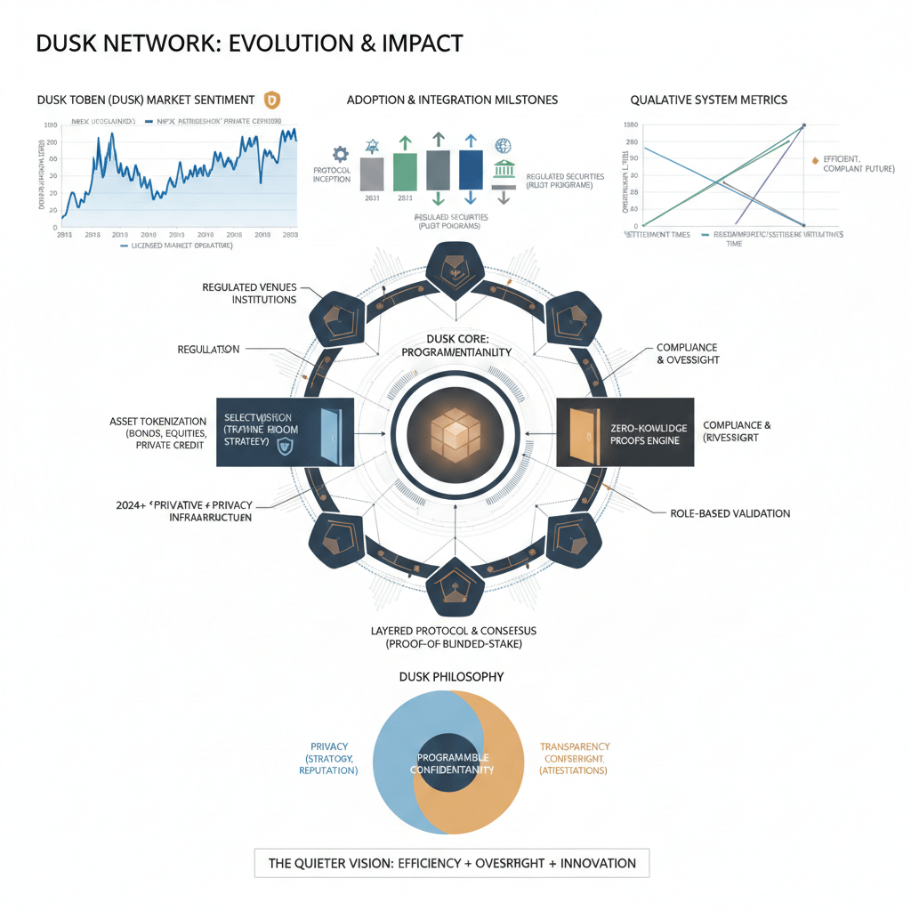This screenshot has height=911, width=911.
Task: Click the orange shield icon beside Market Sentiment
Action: point(272,100)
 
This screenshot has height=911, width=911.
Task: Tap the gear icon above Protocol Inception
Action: point(339,153)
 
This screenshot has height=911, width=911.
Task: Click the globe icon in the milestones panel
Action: point(503,145)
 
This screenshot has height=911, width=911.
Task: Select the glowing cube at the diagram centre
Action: point(455,432)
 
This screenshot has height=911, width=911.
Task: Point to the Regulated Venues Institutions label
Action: point(249,294)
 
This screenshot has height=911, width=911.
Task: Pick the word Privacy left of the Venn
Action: point(329,746)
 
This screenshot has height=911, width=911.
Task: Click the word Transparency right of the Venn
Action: point(575,746)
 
